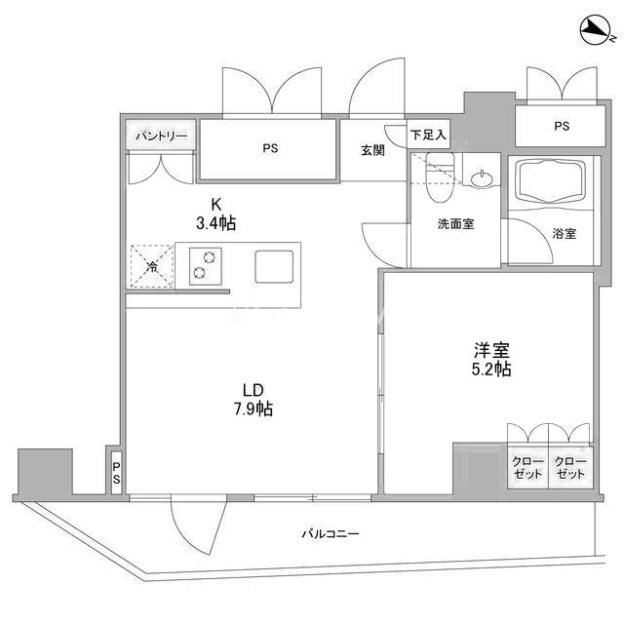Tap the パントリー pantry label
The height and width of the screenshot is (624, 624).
point(161,136)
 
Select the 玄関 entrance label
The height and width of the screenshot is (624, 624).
point(372,150)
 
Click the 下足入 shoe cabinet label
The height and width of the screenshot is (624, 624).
point(428,135)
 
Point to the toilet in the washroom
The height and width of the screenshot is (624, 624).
point(440,176)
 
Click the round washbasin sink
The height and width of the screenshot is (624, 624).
point(482,179)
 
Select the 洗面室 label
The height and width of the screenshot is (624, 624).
point(455,223)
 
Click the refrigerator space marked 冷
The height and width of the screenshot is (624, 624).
point(152,266)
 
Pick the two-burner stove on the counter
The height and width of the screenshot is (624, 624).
point(206,265)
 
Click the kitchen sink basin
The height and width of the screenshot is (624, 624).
point(274,266)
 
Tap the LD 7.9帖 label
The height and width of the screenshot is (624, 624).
point(253,399)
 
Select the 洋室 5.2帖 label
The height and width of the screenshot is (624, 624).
point(491,360)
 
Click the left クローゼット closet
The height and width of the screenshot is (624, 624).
point(527,468)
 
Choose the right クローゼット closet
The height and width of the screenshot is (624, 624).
point(570,468)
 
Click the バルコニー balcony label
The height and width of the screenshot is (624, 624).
point(331,533)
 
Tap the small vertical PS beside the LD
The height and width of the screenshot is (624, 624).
point(116,473)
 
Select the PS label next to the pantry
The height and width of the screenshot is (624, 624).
point(270,148)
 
